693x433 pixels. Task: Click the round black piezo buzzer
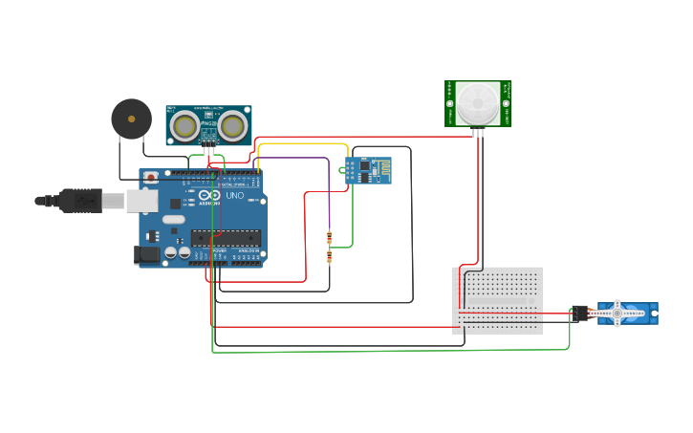[x=131, y=119]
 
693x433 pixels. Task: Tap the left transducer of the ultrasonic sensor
[x=185, y=125]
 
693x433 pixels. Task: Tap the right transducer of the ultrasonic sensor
[x=232, y=125]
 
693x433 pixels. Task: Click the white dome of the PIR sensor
[x=477, y=102]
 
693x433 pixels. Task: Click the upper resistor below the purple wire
[x=330, y=238]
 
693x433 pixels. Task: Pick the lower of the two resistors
[x=330, y=256]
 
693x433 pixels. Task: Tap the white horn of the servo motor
[x=618, y=313]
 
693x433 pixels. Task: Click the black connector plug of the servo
[x=580, y=313]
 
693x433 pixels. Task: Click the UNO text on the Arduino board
[x=234, y=196]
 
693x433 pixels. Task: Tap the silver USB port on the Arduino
[x=141, y=201]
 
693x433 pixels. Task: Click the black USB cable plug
[x=81, y=201]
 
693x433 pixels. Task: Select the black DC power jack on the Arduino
[x=146, y=253]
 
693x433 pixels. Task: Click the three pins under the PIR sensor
[x=478, y=132]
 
